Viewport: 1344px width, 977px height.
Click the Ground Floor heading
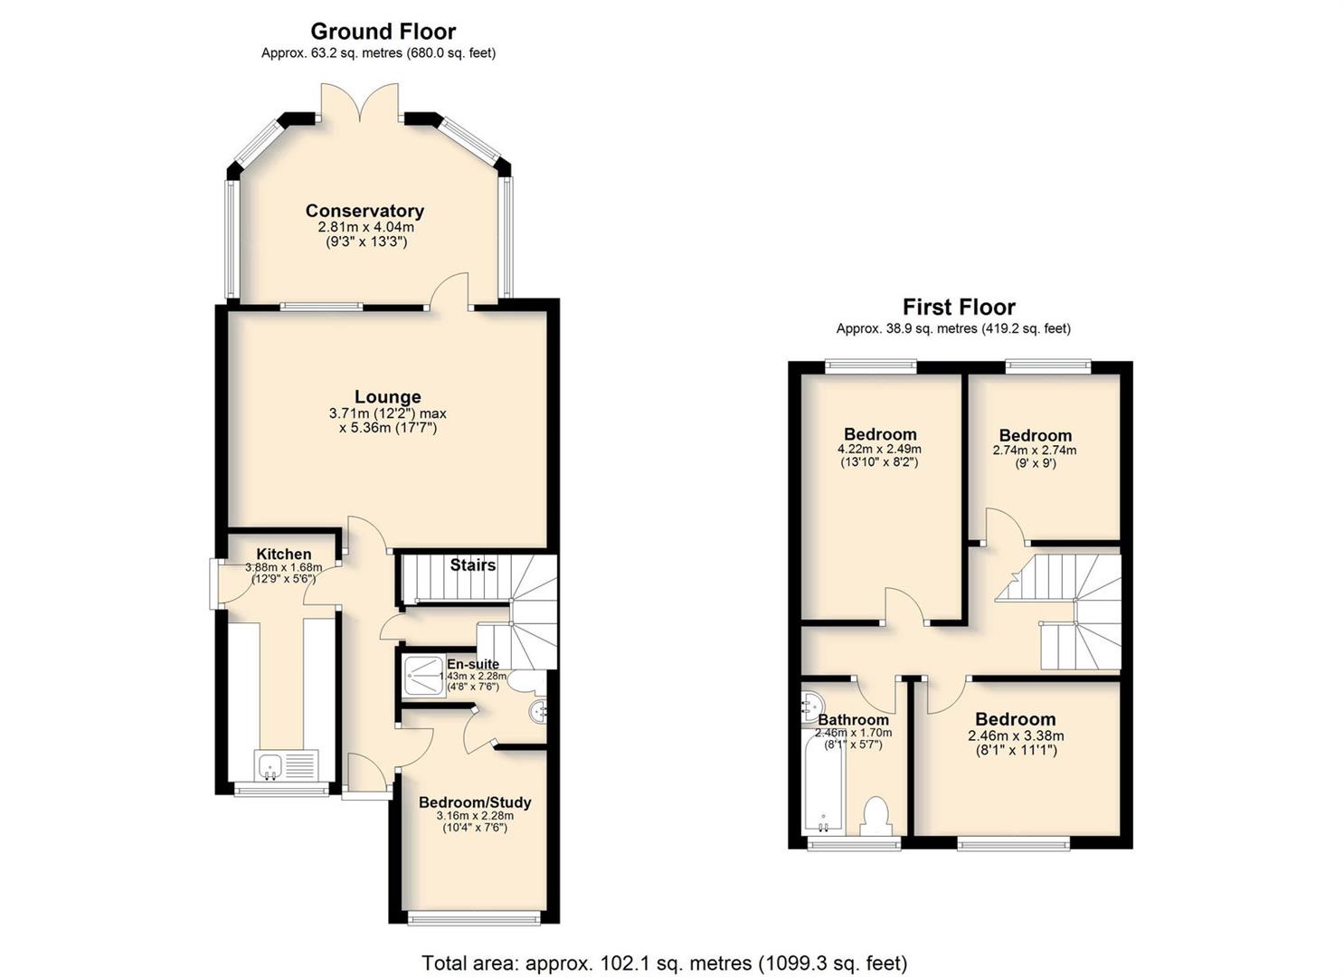point(383,31)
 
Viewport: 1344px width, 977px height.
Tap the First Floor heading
point(959,308)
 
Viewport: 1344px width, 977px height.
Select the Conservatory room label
point(364,211)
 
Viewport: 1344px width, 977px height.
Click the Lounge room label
point(388,397)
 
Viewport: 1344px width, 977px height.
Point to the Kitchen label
point(284,554)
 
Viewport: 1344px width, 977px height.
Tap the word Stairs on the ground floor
point(473,564)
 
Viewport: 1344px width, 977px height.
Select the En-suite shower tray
point(423,677)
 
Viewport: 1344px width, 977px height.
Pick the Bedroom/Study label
point(475,802)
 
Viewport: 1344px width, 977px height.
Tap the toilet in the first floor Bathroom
point(875,816)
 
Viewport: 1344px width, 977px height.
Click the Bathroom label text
point(853,719)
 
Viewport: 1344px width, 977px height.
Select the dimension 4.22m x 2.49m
point(880,449)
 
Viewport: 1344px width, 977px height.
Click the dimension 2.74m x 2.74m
point(1035,451)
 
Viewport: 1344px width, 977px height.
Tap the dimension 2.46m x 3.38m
point(1016,735)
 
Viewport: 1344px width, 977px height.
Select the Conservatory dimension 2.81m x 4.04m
point(365,227)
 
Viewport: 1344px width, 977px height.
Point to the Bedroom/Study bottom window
point(474,918)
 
